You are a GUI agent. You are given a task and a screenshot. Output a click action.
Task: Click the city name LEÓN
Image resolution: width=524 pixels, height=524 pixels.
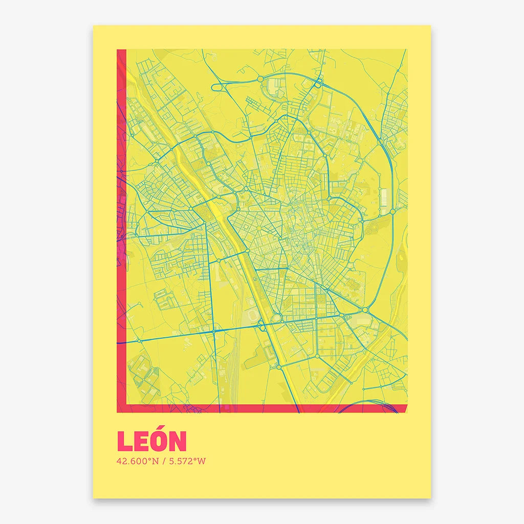point(152,441)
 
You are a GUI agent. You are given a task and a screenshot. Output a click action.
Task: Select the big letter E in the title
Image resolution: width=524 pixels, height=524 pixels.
point(141,442)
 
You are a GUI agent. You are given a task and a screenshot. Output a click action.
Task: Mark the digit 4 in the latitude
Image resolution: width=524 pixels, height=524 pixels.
point(119,461)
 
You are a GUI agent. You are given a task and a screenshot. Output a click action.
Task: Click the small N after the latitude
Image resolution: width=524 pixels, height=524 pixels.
point(155,461)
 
